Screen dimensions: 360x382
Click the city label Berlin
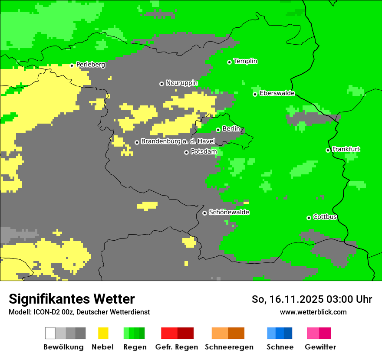[231, 129]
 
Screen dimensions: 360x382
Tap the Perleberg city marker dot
[72, 65]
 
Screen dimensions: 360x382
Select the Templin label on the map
[245, 61]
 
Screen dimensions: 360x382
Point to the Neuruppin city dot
[161, 84]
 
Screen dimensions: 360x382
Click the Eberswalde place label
[277, 93]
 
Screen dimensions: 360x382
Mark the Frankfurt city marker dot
[328, 150]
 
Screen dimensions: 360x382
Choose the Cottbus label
[325, 217]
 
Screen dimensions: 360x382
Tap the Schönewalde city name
[229, 212]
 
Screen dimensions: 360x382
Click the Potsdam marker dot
[186, 152]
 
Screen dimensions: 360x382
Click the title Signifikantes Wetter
[72, 299]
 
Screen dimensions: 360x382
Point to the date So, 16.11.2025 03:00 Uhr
[312, 299]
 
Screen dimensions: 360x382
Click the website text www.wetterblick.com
[313, 312]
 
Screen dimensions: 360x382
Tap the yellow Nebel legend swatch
[103, 333]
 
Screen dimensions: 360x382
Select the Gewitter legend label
[320, 347]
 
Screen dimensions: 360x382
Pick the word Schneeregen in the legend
[229, 347]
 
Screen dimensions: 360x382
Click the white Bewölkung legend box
[50, 333]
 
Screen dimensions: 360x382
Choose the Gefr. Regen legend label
[176, 347]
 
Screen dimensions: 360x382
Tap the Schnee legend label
[280, 347]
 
